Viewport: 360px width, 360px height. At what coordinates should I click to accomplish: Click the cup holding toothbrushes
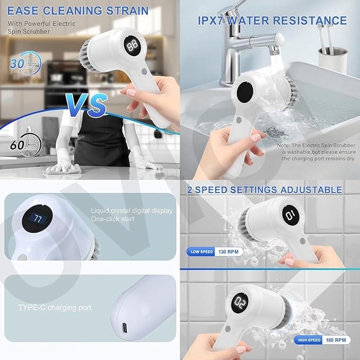pyautogui.click(x=332, y=59)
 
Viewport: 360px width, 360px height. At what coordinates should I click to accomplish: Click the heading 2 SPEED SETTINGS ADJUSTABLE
pyautogui.click(x=264, y=189)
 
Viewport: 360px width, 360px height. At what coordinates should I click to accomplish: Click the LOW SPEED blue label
pyautogui.click(x=201, y=252)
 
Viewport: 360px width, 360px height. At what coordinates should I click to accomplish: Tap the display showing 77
pyautogui.click(x=38, y=218)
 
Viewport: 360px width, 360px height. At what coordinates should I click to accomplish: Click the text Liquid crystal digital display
pyautogui.click(x=131, y=210)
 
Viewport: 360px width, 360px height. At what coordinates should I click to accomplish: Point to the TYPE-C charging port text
pyautogui.click(x=55, y=308)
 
